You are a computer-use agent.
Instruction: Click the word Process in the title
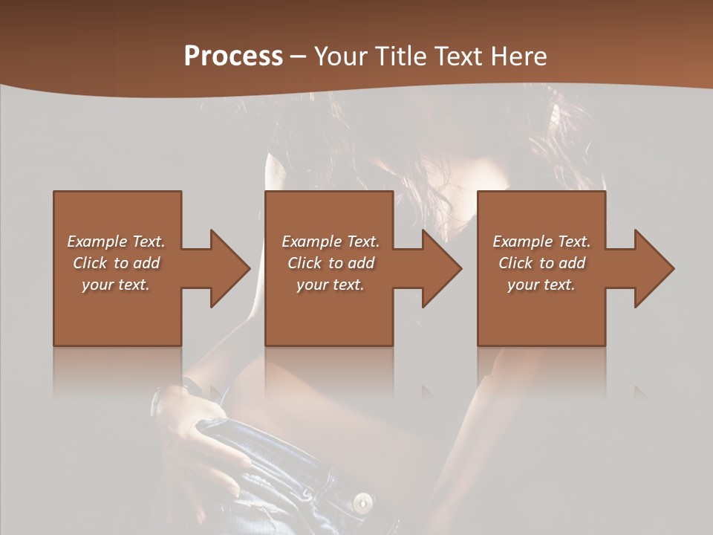pyautogui.click(x=233, y=56)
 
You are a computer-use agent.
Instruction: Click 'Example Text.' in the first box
pyautogui.click(x=116, y=241)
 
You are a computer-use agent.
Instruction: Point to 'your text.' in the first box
pyautogui.click(x=116, y=285)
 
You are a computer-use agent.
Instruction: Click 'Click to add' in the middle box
pyautogui.click(x=331, y=263)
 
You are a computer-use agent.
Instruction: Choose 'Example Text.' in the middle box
pyautogui.click(x=331, y=241)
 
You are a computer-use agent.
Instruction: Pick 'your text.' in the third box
pyautogui.click(x=541, y=285)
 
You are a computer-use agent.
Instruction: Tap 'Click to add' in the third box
pyautogui.click(x=541, y=263)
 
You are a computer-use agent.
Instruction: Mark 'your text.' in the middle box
pyautogui.click(x=331, y=285)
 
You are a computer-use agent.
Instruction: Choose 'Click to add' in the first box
pyautogui.click(x=116, y=263)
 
